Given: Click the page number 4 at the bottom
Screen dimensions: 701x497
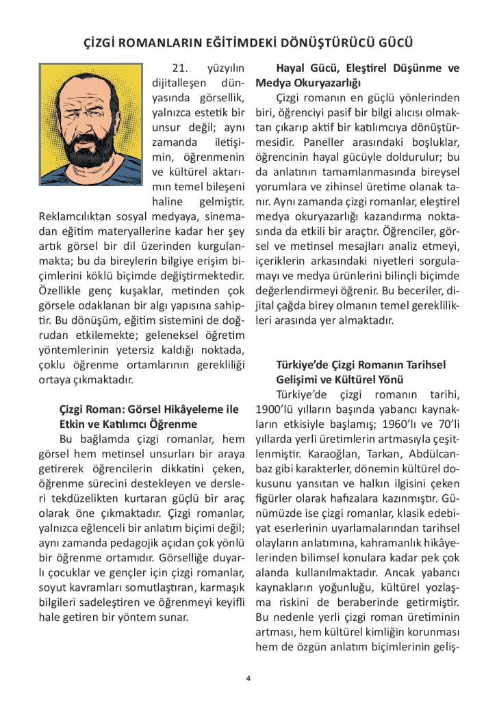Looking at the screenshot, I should coord(248,678).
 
